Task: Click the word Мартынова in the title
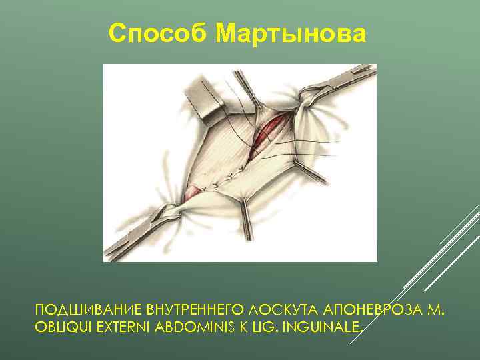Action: (x=293, y=33)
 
